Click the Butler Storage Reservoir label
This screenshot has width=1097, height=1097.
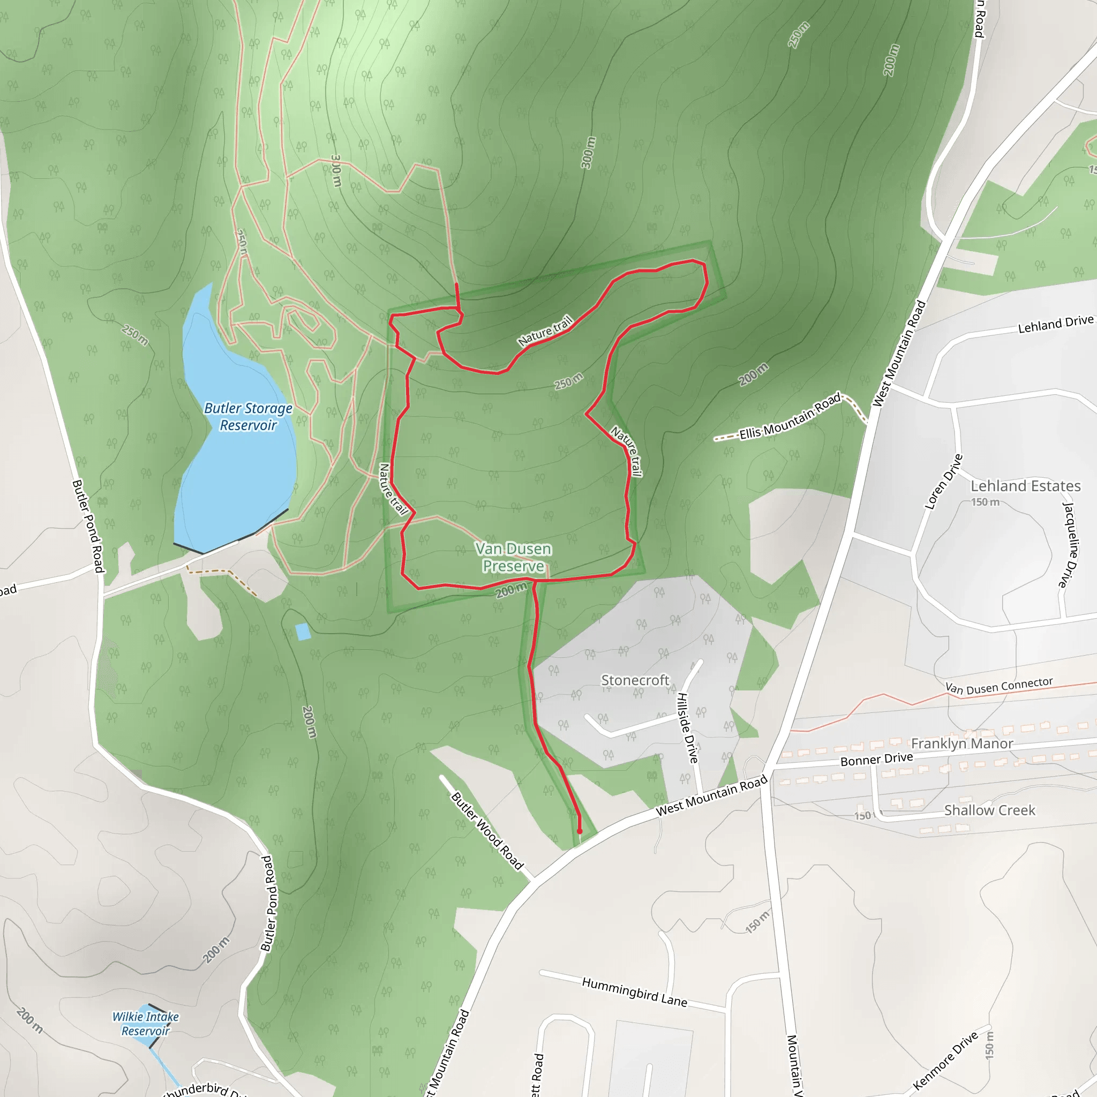coord(248,416)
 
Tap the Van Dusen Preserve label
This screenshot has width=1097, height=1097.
coord(513,557)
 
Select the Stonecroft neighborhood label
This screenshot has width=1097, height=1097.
coord(635,680)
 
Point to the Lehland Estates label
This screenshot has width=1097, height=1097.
coord(1025,486)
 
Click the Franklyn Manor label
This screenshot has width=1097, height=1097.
coord(962,743)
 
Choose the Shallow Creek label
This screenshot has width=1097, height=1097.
coord(989,810)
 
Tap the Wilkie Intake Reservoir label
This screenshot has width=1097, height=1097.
coord(145,1024)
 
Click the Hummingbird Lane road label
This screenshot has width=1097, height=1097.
coord(634,992)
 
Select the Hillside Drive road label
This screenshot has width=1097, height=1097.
coord(687,728)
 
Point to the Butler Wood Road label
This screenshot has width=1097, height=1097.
coord(486,831)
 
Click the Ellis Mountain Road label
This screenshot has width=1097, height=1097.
coord(789,416)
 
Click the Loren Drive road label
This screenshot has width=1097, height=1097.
coord(944,482)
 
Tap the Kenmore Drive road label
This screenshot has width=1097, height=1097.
coord(946,1061)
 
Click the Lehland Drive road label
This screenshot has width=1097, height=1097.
coord(1055,324)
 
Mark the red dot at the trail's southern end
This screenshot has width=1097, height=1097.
coord(580,831)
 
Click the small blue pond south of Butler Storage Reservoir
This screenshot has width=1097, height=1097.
coord(303,632)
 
